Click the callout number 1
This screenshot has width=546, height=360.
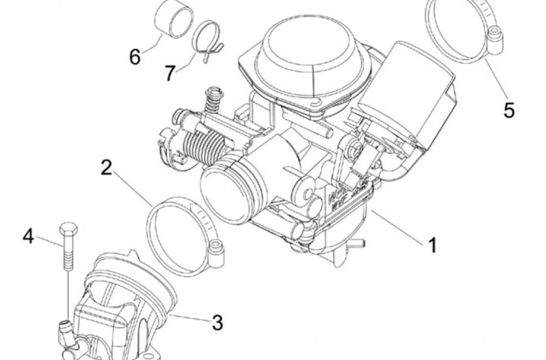431,246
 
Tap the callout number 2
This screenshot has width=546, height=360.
108,167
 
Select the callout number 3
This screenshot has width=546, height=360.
217,323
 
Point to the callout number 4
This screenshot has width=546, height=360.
28,236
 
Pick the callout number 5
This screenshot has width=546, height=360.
509,110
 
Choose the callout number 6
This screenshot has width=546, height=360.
134,57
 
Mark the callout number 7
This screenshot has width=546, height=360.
170,73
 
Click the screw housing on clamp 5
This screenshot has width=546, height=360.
496,36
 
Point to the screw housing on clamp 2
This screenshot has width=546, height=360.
218,246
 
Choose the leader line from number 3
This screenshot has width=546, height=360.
192,318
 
